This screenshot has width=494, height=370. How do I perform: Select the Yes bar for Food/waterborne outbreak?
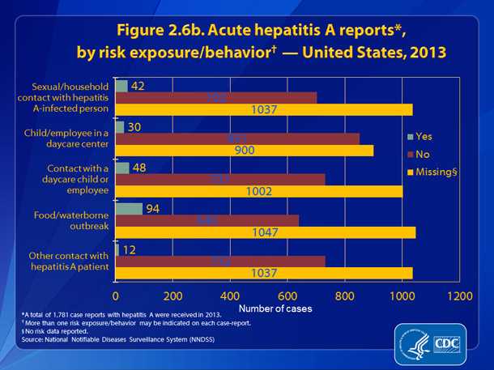click(x=129, y=208)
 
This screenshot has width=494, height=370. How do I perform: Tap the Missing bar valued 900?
click(x=244, y=150)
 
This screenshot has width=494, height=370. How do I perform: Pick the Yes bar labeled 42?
click(x=121, y=86)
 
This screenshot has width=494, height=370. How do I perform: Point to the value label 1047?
click(x=266, y=233)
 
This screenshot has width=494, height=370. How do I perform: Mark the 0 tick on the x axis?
click(x=116, y=296)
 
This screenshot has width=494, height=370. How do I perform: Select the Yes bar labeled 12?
click(x=118, y=249)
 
